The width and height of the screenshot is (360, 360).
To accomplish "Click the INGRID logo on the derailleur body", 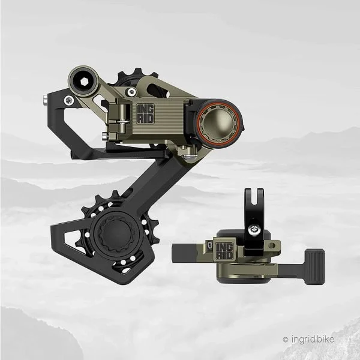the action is [x=145, y=113].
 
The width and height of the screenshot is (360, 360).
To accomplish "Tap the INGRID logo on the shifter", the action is [x=224, y=251].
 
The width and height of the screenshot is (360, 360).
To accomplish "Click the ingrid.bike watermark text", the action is [x=313, y=339].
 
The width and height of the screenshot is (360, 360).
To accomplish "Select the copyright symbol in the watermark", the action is [x=286, y=340].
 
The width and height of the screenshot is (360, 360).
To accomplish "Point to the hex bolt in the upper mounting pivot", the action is [x=85, y=82].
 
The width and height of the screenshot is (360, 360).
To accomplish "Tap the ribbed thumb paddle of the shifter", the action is [x=314, y=267].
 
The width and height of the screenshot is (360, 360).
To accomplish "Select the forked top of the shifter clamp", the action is [x=254, y=197].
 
